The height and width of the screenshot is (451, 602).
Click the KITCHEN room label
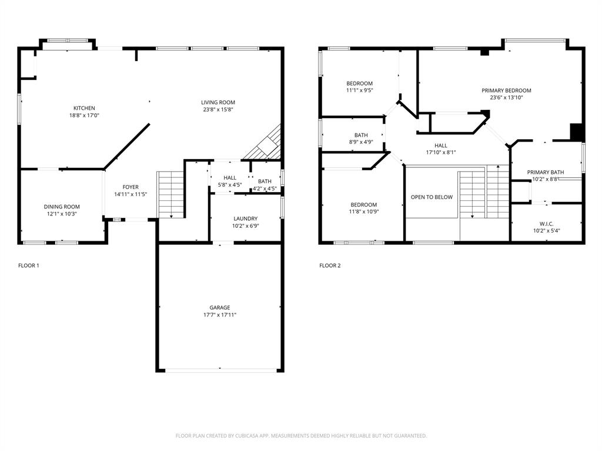coord(84,108)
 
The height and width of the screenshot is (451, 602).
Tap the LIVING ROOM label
coord(218,102)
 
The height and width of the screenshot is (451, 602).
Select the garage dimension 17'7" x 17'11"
coord(220,315)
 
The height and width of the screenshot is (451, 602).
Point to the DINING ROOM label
coord(62,207)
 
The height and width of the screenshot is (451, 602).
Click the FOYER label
coord(131,187)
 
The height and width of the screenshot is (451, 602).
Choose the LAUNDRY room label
coord(245,218)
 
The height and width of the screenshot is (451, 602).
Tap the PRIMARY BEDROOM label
coord(506,90)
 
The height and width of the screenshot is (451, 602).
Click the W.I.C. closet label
coord(546,224)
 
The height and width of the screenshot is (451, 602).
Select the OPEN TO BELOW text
coord(432,197)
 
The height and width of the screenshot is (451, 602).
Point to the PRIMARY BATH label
coord(545,172)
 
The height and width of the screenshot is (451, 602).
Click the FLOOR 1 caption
coord(29,265)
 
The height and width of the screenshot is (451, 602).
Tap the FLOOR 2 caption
coord(330,265)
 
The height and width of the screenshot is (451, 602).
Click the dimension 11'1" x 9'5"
coord(359,90)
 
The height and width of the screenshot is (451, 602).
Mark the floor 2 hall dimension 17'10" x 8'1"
coord(441,153)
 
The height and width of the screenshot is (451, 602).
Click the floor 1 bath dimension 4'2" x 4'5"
coord(265,189)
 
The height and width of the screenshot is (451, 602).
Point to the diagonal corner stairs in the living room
coord(265,145)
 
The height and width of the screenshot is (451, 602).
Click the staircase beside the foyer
coord(171,194)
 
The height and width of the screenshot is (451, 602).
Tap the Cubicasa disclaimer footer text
coord(301,436)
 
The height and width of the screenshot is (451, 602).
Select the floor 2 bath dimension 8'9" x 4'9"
coord(361,142)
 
